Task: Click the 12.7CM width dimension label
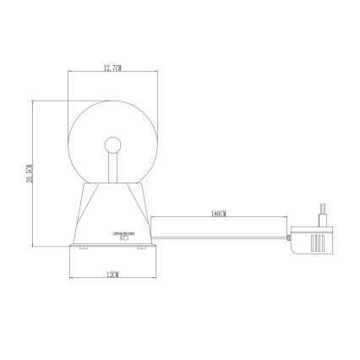[x=111, y=68]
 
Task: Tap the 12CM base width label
[x=111, y=275]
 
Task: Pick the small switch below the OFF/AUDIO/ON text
[x=123, y=237]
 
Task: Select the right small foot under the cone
[x=136, y=248]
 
